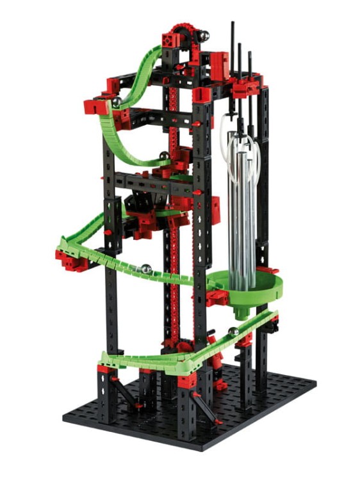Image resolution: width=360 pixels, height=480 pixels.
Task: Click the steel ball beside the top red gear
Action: (204, 36)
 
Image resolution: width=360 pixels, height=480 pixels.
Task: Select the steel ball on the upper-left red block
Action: (117, 102)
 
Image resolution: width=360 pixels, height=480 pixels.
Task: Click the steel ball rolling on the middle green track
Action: (147, 269)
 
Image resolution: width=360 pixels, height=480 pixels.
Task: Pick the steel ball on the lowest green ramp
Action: (233, 332)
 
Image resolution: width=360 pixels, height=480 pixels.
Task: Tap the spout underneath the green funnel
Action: (241, 313)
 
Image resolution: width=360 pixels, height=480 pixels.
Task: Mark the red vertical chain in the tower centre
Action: (172, 256)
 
